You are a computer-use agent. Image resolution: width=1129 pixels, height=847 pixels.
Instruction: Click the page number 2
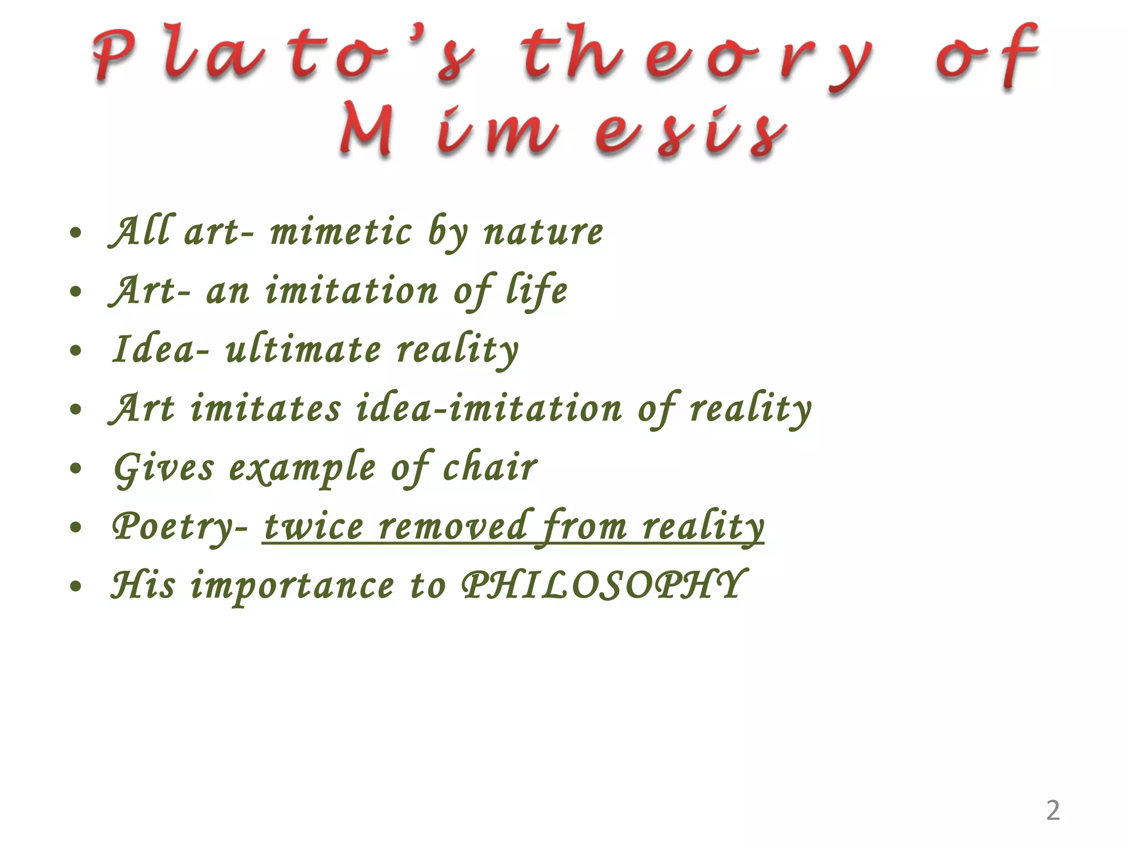(x=1053, y=811)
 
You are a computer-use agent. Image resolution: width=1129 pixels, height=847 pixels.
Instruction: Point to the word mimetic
(x=341, y=232)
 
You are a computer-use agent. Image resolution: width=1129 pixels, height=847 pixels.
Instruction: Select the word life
(x=537, y=291)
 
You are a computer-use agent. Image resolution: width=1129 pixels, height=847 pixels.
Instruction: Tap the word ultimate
(x=303, y=350)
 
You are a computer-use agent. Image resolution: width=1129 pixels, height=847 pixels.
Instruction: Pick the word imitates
(x=266, y=409)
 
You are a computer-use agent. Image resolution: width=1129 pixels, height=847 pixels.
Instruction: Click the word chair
(x=490, y=468)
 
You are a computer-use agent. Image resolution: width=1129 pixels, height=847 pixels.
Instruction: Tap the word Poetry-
(x=180, y=527)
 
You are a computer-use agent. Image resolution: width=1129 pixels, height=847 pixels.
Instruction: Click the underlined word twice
(x=314, y=527)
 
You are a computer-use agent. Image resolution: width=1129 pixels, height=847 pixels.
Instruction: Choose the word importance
(x=292, y=586)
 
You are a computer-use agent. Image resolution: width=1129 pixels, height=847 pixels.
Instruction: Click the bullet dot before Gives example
(x=76, y=469)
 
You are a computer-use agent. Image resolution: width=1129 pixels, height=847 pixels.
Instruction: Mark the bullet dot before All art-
(x=76, y=233)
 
